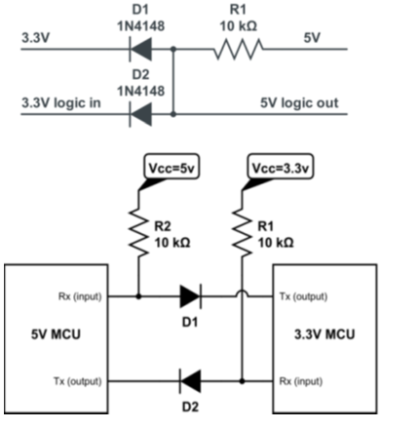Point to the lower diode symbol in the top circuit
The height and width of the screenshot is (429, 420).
(142, 114)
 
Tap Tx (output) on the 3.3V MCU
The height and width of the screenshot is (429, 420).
(302, 294)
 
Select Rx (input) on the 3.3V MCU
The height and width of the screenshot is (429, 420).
(302, 379)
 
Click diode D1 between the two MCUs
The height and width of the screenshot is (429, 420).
(189, 293)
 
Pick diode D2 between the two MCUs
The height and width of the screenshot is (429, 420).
(189, 379)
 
